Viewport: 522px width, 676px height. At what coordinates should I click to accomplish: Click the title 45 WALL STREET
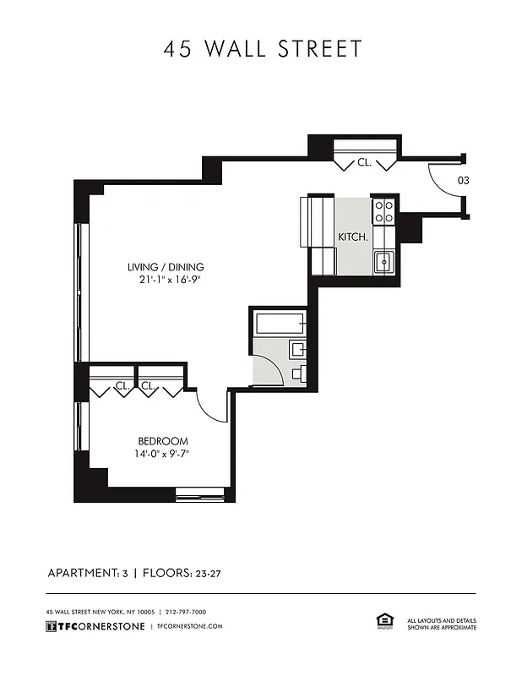[x=262, y=49]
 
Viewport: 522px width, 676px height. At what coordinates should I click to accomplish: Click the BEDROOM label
[x=163, y=441]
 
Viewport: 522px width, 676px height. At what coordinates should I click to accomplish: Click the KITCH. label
[x=353, y=237]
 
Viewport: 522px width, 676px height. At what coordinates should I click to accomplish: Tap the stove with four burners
[x=384, y=210]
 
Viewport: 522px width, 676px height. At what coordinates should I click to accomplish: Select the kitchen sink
[x=383, y=262]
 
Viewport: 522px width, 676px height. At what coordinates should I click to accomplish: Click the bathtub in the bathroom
[x=278, y=323]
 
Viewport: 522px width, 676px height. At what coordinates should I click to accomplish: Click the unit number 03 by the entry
[x=464, y=180]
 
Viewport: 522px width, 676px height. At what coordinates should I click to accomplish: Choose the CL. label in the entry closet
[x=364, y=161]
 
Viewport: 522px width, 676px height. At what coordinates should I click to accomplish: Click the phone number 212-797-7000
[x=187, y=612]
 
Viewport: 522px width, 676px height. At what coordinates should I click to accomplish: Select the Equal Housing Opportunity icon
[x=380, y=622]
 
